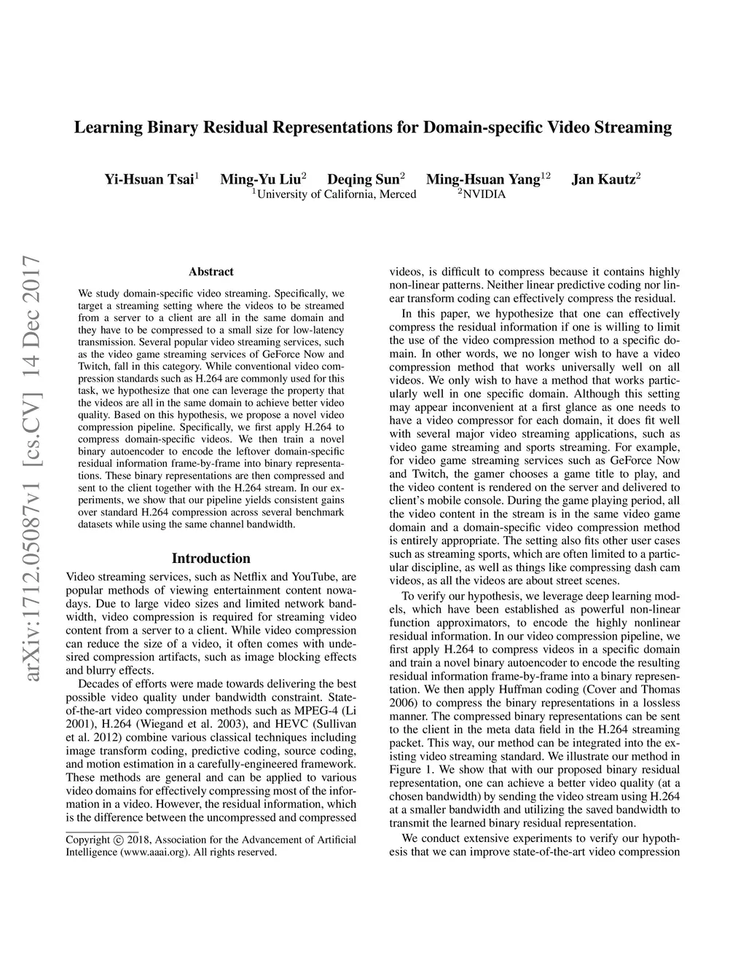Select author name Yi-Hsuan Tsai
[x=149, y=179]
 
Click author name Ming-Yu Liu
[x=261, y=179]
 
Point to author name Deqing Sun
[x=364, y=179]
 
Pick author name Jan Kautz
[x=603, y=179]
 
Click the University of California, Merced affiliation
[x=337, y=194]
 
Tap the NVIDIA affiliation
[x=484, y=194]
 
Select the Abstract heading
[x=211, y=272]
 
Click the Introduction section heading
[x=211, y=559]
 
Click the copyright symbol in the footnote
[x=117, y=840]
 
